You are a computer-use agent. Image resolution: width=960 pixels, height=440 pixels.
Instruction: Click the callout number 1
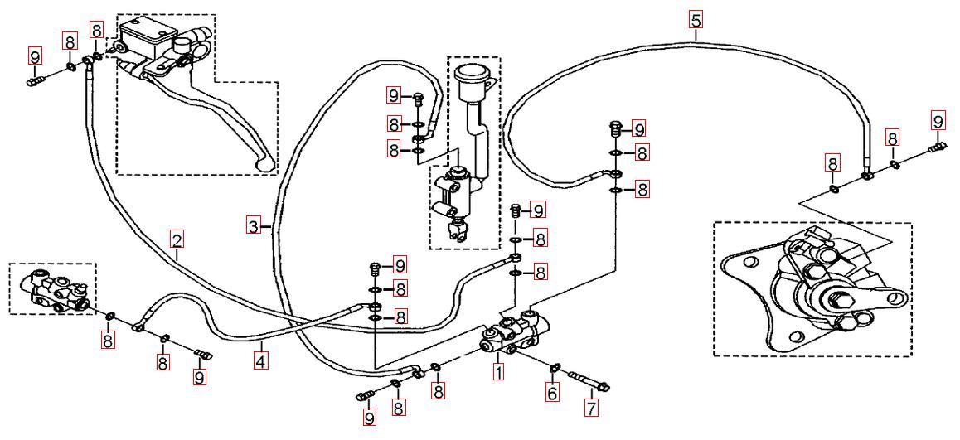tap(498, 373)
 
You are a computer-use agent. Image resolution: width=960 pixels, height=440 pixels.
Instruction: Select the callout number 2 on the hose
tap(177, 239)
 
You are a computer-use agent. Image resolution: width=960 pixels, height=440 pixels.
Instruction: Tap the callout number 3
tap(253, 225)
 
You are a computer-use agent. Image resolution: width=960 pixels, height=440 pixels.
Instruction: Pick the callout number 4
tap(261, 361)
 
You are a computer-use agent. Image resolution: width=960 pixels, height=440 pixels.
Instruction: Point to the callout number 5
tap(695, 18)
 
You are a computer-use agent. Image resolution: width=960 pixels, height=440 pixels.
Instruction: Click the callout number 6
tap(552, 394)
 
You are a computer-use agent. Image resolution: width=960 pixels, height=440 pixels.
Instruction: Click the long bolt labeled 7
tap(588, 382)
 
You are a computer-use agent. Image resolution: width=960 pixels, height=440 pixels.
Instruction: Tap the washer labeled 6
tap(556, 367)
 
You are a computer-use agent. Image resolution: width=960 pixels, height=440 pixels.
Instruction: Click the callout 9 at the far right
tap(938, 120)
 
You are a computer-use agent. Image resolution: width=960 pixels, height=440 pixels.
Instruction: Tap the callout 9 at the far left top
tap(35, 56)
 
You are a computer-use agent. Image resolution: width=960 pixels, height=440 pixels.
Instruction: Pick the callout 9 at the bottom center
tap(369, 418)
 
